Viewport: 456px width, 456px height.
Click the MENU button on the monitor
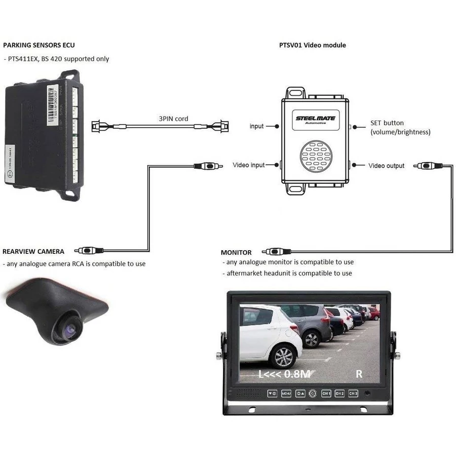tap(286, 393)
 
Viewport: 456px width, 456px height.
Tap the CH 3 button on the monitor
tap(353, 393)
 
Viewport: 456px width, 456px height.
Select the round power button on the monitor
tap(313, 393)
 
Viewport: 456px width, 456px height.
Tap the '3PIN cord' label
tap(173, 119)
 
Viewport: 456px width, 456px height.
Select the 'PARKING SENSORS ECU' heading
tap(39, 45)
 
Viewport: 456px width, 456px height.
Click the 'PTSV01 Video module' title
tap(313, 45)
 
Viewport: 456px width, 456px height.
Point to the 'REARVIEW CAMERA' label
tap(33, 251)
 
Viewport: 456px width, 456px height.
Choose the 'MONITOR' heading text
tap(236, 252)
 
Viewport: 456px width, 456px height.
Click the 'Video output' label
tap(386, 166)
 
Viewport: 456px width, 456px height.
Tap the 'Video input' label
tap(249, 165)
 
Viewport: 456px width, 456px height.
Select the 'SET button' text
tap(387, 123)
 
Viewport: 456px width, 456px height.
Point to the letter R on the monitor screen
tap(359, 374)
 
